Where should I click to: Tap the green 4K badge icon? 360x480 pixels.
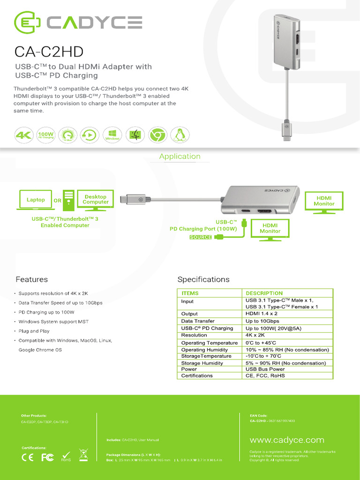click(x=23, y=135)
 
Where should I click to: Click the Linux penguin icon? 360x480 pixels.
click(x=179, y=135)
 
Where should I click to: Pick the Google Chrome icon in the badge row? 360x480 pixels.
click(x=157, y=135)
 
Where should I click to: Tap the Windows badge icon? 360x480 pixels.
click(x=112, y=135)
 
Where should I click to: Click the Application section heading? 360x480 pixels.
click(x=180, y=157)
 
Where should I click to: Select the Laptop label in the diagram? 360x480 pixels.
click(x=36, y=200)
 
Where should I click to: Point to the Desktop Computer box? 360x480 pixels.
click(x=96, y=200)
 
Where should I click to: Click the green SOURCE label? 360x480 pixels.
click(x=200, y=237)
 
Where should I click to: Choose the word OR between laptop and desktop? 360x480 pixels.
click(x=58, y=201)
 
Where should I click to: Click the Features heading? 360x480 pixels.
click(x=32, y=279)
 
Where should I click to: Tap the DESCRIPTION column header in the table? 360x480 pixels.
click(x=264, y=293)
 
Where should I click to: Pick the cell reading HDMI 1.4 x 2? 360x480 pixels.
click(x=262, y=314)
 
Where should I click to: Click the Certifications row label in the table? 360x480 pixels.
click(x=197, y=375)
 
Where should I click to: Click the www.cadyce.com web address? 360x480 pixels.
click(x=287, y=440)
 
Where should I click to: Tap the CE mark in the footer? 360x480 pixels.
click(x=28, y=457)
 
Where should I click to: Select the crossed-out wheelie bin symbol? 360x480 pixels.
click(x=83, y=456)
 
